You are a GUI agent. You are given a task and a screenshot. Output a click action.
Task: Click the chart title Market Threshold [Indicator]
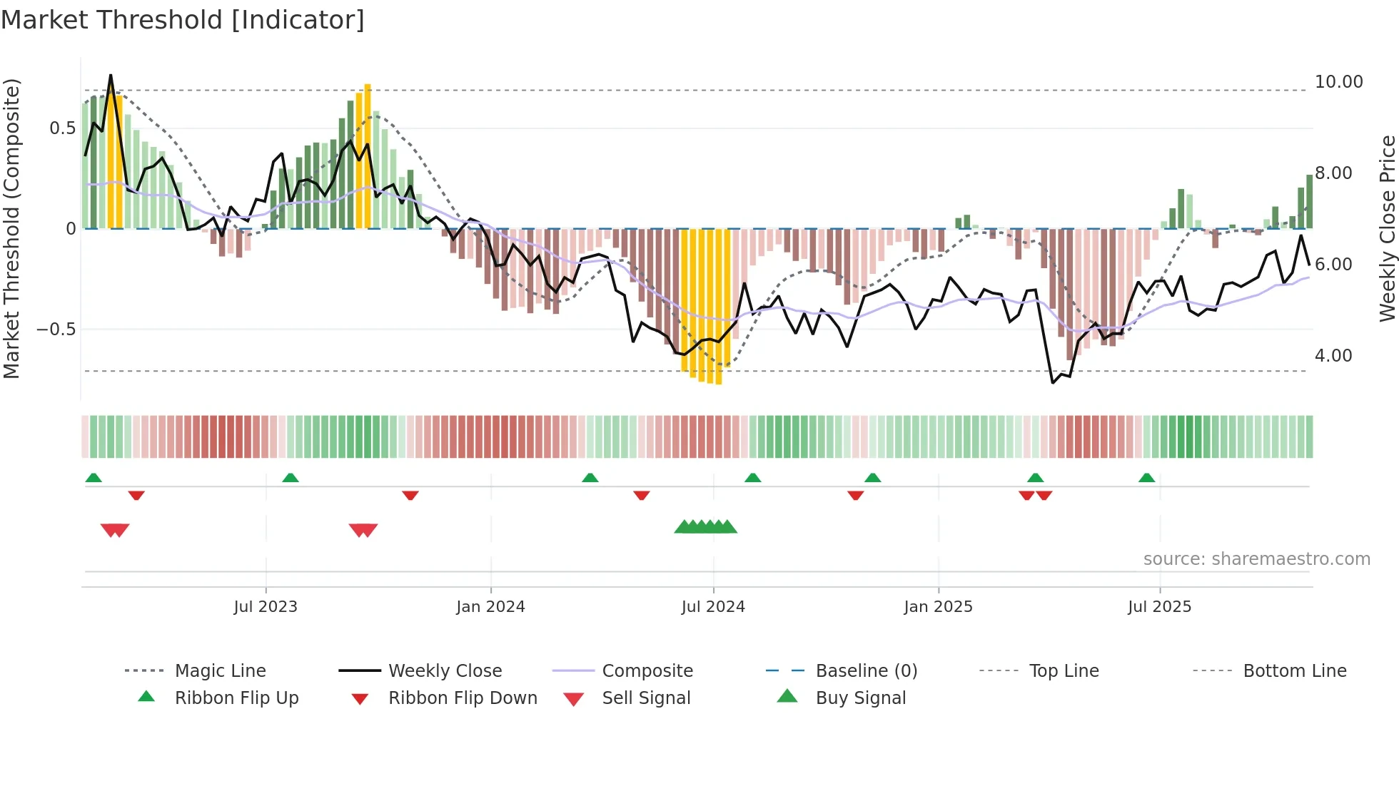point(183,20)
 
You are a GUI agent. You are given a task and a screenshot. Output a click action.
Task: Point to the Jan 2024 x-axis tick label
point(490,606)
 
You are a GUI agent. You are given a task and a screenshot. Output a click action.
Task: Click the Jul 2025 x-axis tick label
point(1159,606)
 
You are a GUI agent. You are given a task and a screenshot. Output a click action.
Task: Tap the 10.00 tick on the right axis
point(1338,82)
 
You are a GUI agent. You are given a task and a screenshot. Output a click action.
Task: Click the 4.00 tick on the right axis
point(1333,355)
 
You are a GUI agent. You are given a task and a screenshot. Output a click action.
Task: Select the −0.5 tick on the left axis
point(56,329)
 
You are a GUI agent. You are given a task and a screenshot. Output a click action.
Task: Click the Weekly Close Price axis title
point(1387,228)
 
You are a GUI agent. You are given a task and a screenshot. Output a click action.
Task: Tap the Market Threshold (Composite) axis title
point(11,228)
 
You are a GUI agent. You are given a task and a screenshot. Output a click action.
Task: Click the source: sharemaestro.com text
point(1256,558)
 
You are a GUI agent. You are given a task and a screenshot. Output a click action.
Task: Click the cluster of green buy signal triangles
point(705,527)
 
